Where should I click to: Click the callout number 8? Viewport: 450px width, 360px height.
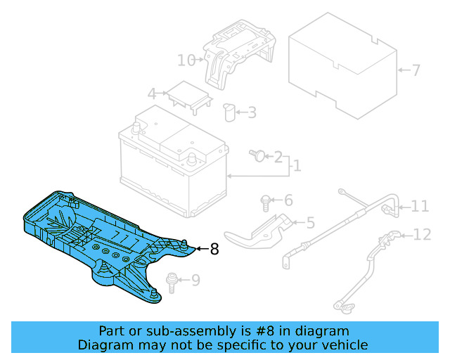[214, 248]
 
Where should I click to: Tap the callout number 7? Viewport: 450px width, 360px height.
[416, 70]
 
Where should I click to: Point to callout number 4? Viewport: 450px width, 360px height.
[152, 94]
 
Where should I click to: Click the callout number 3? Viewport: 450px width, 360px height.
[251, 112]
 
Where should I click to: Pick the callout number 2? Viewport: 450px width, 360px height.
[278, 156]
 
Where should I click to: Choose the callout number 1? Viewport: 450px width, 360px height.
[297, 166]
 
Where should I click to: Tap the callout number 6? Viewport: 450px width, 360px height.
[288, 200]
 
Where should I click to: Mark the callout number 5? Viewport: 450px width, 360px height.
[310, 224]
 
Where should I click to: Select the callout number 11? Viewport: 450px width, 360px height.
[420, 206]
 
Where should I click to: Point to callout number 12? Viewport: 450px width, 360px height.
[422, 235]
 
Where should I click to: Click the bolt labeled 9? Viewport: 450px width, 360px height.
[169, 281]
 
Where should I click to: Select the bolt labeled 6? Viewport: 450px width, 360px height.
[266, 202]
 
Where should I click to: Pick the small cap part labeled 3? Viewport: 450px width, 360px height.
[229, 112]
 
